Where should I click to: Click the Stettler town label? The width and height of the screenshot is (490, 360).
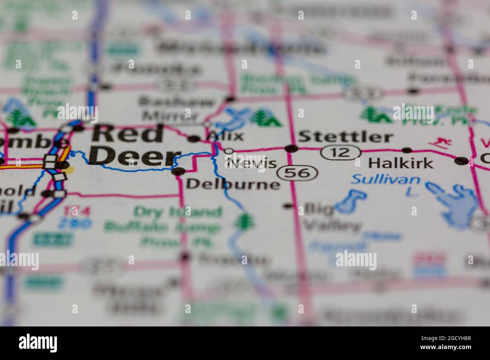click(346, 136)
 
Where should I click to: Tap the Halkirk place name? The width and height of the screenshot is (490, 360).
click(400, 163)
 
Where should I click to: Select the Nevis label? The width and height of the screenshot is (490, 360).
click(252, 163)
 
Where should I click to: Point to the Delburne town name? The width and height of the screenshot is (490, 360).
click(233, 184)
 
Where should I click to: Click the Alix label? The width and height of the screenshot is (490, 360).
click(226, 135)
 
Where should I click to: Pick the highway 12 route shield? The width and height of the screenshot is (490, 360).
click(340, 153)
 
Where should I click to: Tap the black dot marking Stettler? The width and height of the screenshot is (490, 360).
click(291, 149)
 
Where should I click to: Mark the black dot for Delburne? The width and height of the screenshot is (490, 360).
click(178, 171)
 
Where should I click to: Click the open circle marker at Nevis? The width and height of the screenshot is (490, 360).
click(229, 151)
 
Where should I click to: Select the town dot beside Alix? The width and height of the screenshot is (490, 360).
click(194, 139)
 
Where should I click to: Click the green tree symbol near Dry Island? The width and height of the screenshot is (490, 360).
click(244, 221)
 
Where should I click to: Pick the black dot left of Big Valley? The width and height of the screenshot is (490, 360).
click(288, 206)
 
